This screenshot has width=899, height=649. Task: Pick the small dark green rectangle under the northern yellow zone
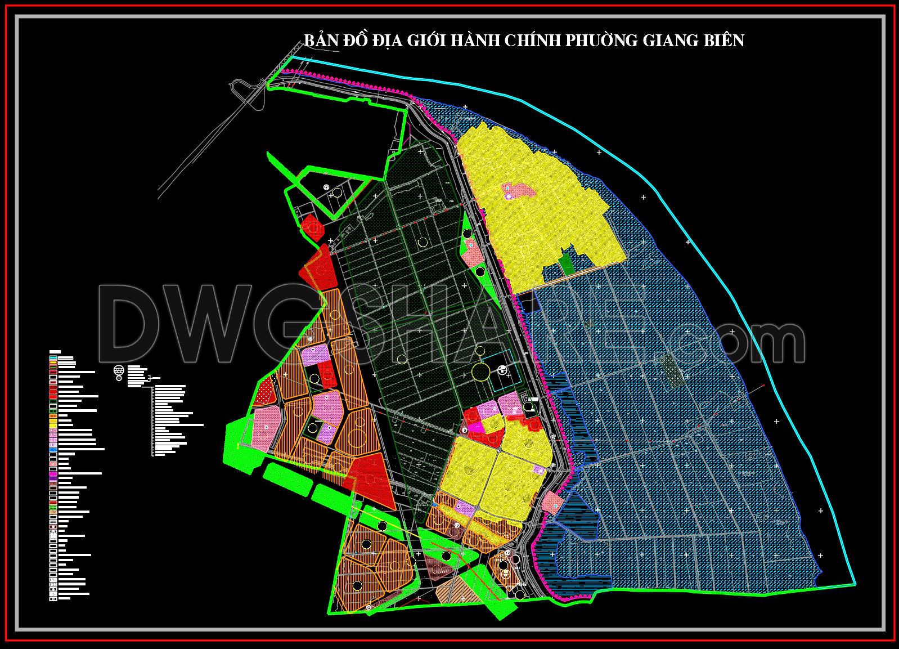tap(567, 264)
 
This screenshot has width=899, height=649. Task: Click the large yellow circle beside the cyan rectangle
tap(480, 372)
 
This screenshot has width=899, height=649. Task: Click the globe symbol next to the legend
tap(119, 372)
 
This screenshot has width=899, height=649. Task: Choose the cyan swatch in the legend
tap(53, 358)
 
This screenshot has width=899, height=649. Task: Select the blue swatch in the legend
tap(53, 450)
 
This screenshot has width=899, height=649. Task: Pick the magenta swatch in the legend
tap(53, 474)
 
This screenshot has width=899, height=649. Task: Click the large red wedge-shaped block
tap(371, 481)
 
